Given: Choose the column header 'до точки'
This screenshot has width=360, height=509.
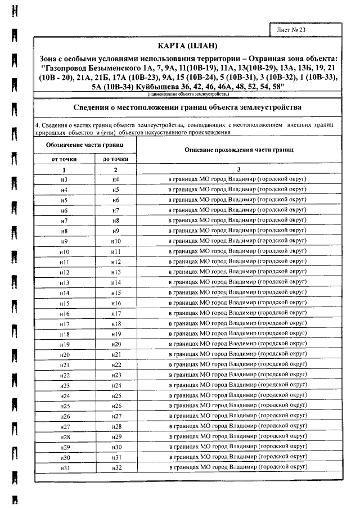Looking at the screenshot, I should coord(116,159).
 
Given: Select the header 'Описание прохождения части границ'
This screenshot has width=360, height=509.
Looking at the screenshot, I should coord(238,150).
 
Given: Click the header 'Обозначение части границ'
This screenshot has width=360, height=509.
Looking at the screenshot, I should coord(85,144).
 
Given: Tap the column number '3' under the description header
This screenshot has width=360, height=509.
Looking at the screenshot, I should coord(238,169).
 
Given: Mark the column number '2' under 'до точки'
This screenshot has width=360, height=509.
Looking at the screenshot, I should coord(116,169).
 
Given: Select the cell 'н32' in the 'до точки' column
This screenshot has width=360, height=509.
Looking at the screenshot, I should coord(116,468).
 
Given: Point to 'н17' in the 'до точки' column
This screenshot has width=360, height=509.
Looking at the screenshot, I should coord(116,313).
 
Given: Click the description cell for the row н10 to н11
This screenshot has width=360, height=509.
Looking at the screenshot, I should coord(238,251).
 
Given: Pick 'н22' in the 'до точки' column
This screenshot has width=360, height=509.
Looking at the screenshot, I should coord(116,365).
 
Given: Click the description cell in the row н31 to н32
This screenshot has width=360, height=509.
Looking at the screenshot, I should coord(238,468).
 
